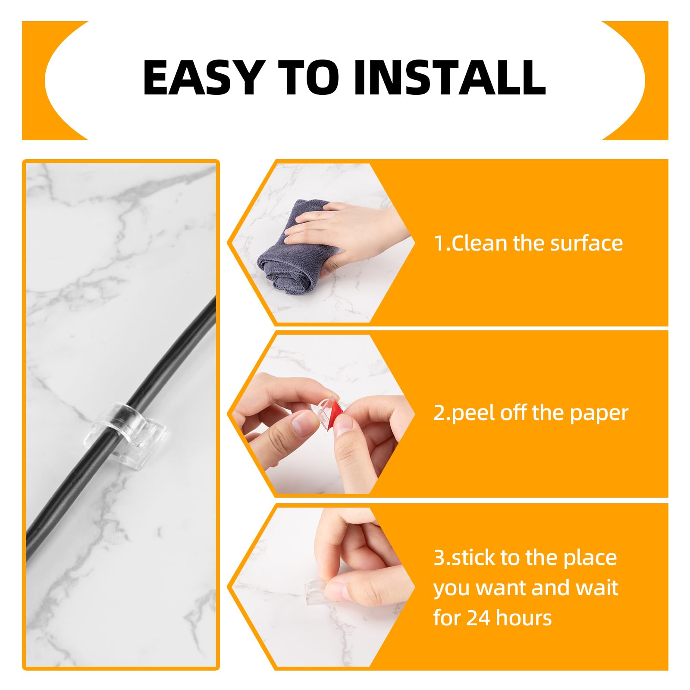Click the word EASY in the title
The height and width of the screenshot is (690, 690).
202,78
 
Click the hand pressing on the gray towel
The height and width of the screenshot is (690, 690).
345,229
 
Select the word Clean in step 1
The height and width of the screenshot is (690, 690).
479,243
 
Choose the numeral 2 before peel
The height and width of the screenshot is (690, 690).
439,413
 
